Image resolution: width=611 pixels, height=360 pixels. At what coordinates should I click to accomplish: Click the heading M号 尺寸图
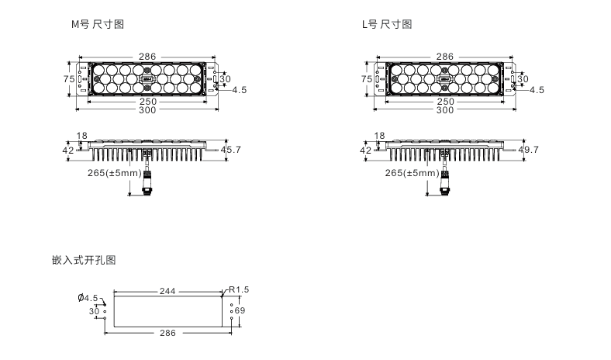pos(97,24)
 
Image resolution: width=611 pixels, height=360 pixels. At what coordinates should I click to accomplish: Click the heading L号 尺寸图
pos(387,24)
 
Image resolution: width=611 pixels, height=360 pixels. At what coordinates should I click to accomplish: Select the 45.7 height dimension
pos(232,149)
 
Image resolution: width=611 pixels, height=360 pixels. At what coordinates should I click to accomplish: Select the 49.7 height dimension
pos(529,149)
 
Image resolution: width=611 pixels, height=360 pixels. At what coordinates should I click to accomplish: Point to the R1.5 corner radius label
pos(239,289)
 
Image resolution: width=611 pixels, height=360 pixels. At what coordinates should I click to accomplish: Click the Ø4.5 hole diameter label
pos(88,298)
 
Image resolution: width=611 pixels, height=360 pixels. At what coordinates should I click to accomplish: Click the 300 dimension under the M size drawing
pos(147,109)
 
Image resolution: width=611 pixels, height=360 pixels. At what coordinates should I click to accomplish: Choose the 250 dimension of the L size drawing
pos(444,102)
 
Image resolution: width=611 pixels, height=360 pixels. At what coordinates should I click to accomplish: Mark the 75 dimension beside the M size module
pos(68,79)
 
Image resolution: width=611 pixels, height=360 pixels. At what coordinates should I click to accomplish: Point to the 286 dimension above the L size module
pos(444,57)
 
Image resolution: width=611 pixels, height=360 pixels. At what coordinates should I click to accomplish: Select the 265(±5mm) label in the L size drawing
pos(410,173)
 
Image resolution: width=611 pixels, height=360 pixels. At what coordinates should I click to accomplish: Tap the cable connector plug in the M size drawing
pos(148,187)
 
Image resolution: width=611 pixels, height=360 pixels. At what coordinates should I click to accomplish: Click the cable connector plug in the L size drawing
pos(445,187)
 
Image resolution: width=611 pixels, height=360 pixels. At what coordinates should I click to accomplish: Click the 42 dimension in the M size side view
pos(68,150)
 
